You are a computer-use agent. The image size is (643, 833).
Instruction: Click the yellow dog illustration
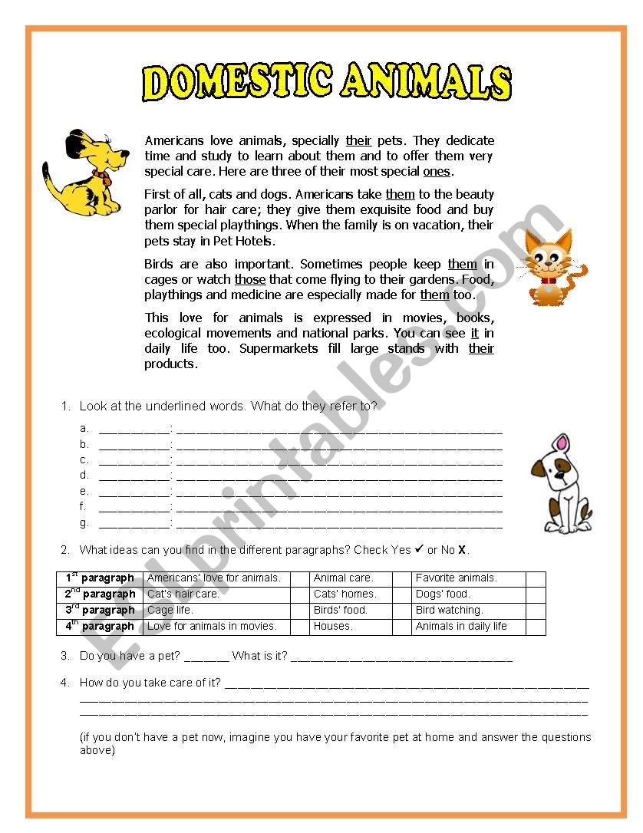coord(83,173)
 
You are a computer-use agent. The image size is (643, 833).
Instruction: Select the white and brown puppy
coord(562,485)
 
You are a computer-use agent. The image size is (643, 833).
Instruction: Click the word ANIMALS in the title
coord(425,83)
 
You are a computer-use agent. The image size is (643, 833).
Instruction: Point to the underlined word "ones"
coord(437,171)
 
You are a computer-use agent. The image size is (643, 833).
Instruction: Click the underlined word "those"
coord(250,279)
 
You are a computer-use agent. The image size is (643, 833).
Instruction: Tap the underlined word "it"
coord(474,333)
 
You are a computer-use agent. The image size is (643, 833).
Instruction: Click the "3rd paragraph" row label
coord(100,611)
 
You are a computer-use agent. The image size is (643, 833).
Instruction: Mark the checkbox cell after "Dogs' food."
coord(536,594)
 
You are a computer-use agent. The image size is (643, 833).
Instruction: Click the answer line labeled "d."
coord(338,476)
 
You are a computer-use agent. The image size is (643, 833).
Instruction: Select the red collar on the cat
coord(547,281)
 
